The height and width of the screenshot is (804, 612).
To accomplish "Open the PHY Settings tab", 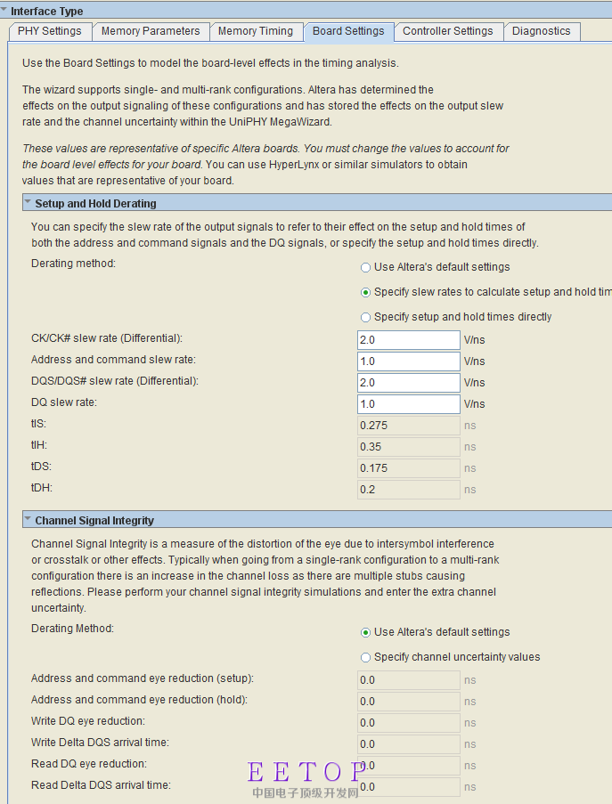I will click(49, 31).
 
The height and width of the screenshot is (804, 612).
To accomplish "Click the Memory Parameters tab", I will click(151, 31).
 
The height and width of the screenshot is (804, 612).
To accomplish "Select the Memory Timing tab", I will click(256, 31).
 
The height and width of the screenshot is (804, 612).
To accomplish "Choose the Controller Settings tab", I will click(447, 31).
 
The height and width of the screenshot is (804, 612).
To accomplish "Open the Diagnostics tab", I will click(541, 31).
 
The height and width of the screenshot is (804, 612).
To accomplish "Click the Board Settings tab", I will click(348, 31).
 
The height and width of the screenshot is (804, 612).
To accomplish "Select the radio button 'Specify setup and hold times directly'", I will click(365, 317).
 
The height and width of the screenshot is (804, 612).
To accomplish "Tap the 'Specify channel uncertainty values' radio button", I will click(365, 657).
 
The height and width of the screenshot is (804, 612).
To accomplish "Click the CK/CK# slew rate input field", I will click(408, 340).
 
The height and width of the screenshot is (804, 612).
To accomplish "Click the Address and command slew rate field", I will click(408, 361).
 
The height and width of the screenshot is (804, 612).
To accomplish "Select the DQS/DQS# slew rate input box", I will click(408, 383).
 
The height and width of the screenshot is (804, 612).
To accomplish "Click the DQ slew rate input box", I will click(408, 404).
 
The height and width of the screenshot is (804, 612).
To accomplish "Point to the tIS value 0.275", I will click(408, 426).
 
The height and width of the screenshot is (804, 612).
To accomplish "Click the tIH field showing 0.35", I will click(408, 447).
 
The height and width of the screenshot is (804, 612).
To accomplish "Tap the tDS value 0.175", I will click(408, 468).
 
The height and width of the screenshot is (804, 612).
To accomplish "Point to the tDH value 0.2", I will click(408, 490).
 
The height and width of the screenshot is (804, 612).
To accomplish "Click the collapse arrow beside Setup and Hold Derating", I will click(28, 203).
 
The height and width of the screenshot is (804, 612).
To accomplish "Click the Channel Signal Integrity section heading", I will click(94, 520).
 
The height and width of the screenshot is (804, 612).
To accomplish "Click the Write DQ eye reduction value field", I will click(408, 723).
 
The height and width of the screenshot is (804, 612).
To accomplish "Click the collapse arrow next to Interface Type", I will click(4, 11).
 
